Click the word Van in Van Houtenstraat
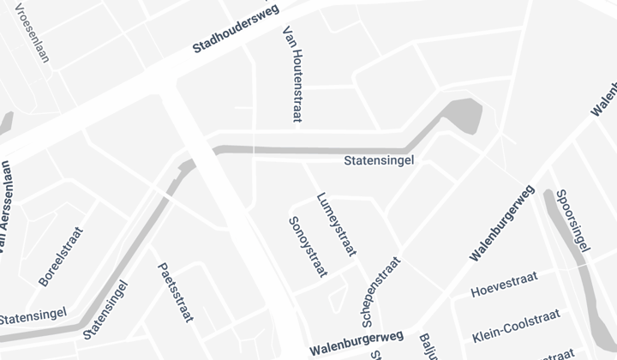288,33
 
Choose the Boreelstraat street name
62,256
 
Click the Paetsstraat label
175,293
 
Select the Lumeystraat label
336,223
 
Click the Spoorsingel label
572,220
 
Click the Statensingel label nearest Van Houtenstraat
379,160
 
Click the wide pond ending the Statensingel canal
464,113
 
